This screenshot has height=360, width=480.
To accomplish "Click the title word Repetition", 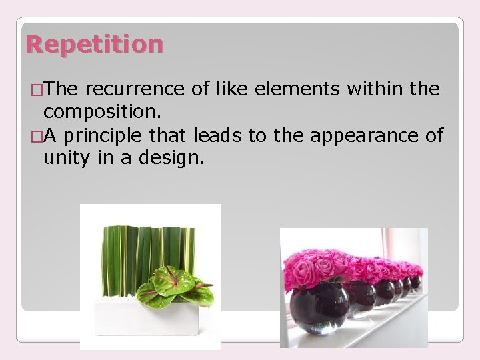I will point(94,45).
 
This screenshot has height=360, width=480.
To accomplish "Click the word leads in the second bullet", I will point(217,136).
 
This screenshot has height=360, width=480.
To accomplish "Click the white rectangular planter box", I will point(147,318).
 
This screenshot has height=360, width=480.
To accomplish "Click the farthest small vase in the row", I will point(416,281).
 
